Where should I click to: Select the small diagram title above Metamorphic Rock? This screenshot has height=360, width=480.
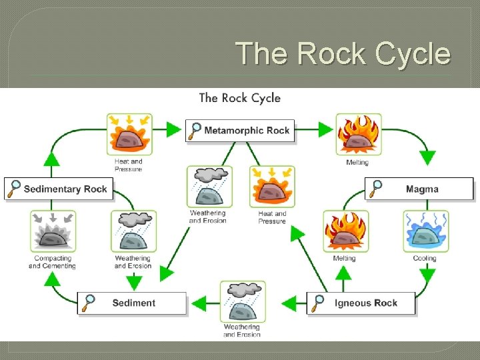[239, 98]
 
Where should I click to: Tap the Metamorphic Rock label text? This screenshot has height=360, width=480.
[247, 131]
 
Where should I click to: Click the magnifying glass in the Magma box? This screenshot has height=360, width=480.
[377, 188]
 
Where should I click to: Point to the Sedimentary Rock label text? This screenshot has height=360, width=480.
[65, 189]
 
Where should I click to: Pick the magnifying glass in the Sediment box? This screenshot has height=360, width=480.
[88, 303]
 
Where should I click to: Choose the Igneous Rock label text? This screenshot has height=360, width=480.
[366, 303]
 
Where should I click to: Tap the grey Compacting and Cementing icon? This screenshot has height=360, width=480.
[52, 231]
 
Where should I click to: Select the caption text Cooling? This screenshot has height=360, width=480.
[425, 259]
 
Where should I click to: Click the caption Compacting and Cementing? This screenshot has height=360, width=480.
[52, 262]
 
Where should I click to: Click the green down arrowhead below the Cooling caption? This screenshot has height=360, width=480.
[427, 275]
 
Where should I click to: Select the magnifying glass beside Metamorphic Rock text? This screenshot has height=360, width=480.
[195, 130]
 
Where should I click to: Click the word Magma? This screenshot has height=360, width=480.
[422, 189]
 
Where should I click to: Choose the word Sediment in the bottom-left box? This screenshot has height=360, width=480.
[133, 303]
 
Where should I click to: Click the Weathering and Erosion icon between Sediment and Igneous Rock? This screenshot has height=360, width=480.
[243, 302]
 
